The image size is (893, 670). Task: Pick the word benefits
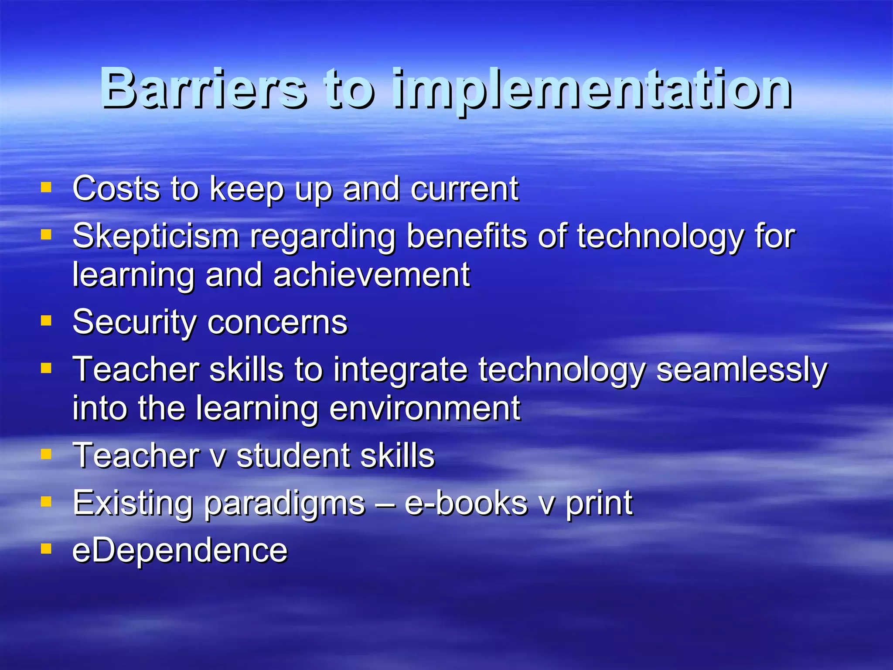467,236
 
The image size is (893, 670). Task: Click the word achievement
372,275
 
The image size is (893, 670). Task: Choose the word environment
425,408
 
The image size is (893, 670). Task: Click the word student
293,455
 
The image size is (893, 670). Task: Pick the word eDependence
180,550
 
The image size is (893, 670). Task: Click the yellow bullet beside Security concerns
46,321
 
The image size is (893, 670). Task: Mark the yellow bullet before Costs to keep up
46,188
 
